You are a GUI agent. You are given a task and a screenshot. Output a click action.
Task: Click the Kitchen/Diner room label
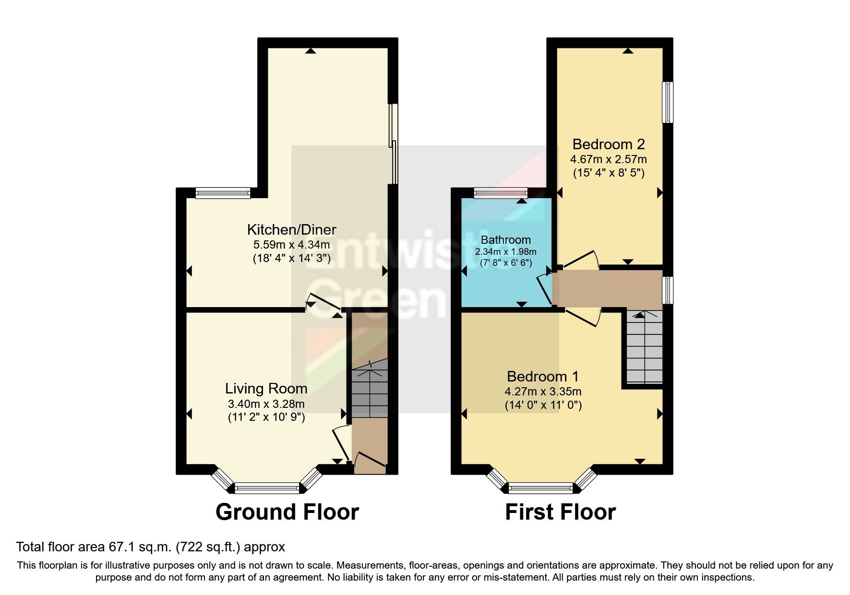click(291, 229)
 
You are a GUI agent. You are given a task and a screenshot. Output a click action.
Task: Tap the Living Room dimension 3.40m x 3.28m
click(266, 404)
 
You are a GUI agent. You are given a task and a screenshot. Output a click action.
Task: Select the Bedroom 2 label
click(608, 144)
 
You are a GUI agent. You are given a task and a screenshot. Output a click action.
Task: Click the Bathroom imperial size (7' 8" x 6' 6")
click(506, 263)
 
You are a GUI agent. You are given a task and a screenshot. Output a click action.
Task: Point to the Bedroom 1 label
click(543, 376)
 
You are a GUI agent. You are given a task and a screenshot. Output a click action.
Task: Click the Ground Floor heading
click(287, 512)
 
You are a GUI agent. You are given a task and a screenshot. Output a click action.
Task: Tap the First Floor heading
click(560, 512)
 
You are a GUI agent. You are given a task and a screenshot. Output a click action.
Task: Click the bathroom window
click(501, 193)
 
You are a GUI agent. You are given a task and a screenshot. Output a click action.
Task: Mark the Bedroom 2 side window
click(667, 102)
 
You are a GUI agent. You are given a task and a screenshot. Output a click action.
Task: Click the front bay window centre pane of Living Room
click(267, 488)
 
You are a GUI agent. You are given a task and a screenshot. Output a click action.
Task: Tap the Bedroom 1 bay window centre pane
click(541, 488)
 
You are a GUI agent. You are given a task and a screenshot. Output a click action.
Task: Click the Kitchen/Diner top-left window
click(223, 193)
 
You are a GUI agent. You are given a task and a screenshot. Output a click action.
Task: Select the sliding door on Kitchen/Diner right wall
click(393, 144)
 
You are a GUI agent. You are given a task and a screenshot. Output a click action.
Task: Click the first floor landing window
click(667, 290)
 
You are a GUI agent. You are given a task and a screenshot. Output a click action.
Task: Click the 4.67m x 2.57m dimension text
click(608, 159)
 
